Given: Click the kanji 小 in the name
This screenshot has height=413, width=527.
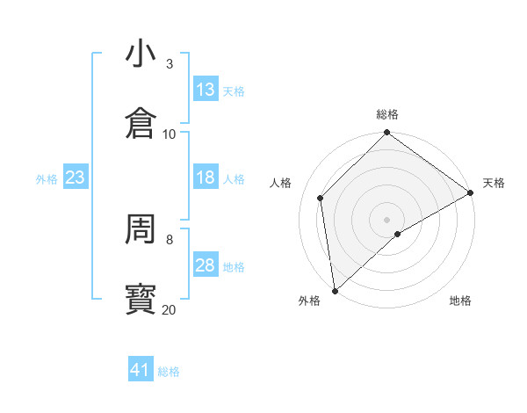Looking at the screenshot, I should (140, 54).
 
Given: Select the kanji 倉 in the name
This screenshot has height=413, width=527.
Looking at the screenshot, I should (140, 124).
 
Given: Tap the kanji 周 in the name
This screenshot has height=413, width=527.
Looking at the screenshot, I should (140, 229).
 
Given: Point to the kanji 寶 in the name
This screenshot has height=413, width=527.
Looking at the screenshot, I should (140, 300).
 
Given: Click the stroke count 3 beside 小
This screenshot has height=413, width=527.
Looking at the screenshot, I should (170, 64).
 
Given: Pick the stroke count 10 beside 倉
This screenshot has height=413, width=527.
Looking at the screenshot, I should (170, 134).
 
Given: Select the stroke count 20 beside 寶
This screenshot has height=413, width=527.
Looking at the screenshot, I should (170, 309).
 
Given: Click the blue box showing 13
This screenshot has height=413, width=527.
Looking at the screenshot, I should (206, 90).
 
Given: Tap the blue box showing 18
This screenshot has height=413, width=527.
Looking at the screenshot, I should (206, 178).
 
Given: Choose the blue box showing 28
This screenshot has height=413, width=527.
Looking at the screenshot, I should (206, 265).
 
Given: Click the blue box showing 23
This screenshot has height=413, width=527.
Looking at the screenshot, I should (76, 178).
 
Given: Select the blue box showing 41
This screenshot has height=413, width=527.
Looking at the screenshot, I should (141, 370).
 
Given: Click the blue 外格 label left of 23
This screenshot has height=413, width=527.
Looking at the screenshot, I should (47, 179).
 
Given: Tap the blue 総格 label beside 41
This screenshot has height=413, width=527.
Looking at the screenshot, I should (169, 372).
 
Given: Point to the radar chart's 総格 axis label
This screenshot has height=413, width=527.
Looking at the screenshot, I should (387, 115).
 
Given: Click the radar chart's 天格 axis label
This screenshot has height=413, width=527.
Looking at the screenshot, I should (494, 183).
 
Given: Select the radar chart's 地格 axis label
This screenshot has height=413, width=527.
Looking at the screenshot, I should (460, 301).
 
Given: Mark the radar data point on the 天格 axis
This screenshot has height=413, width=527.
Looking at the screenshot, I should (471, 192).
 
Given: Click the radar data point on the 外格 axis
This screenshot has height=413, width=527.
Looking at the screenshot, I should (335, 291).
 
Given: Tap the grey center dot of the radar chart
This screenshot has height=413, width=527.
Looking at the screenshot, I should (387, 219).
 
